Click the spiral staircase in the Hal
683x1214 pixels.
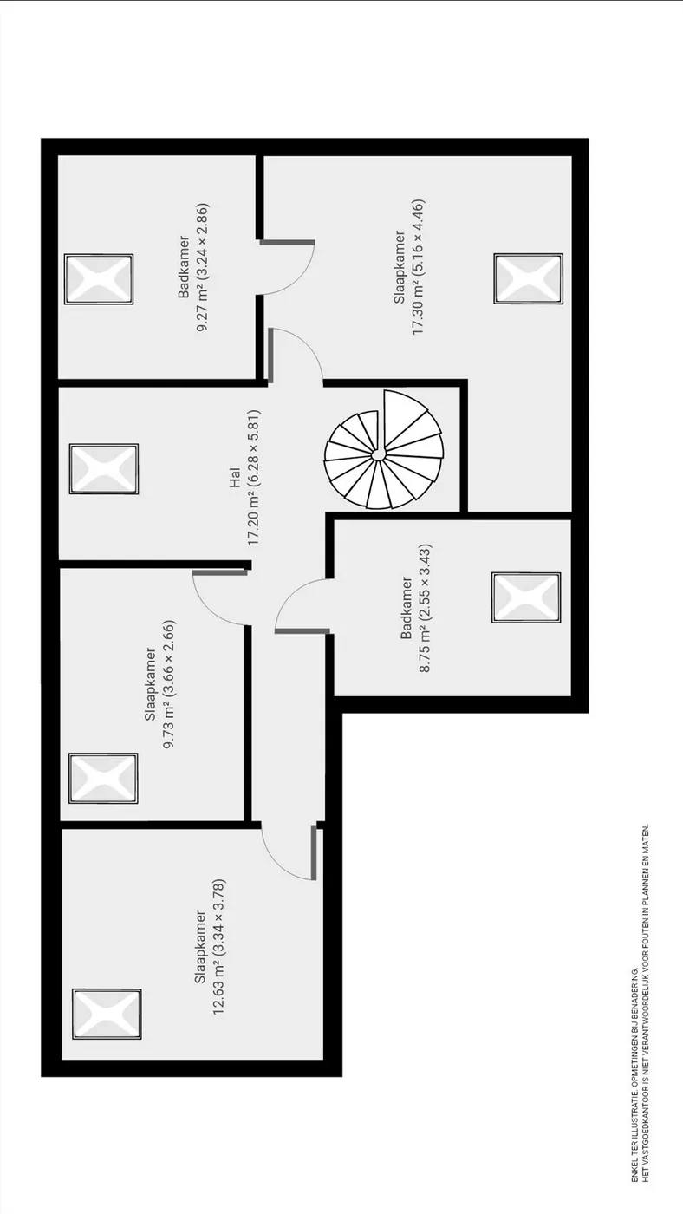point(384,450)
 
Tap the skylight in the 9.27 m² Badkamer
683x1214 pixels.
point(99,279)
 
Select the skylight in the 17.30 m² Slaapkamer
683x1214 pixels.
point(528,278)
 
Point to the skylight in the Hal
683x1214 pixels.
point(104,469)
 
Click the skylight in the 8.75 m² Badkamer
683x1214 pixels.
point(526,597)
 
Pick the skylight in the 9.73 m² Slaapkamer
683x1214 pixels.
point(103,779)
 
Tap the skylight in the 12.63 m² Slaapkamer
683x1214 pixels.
point(107,1014)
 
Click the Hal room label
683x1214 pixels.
point(235,478)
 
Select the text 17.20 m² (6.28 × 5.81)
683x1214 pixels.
point(253,478)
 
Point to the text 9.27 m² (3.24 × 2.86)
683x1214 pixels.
point(203,268)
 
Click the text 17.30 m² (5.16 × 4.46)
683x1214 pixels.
point(418,267)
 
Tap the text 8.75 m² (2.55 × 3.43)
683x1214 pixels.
point(425,608)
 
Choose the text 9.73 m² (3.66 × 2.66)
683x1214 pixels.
point(170,684)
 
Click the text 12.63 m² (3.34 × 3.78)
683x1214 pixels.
point(218,946)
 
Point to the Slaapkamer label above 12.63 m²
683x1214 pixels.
point(200,946)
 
